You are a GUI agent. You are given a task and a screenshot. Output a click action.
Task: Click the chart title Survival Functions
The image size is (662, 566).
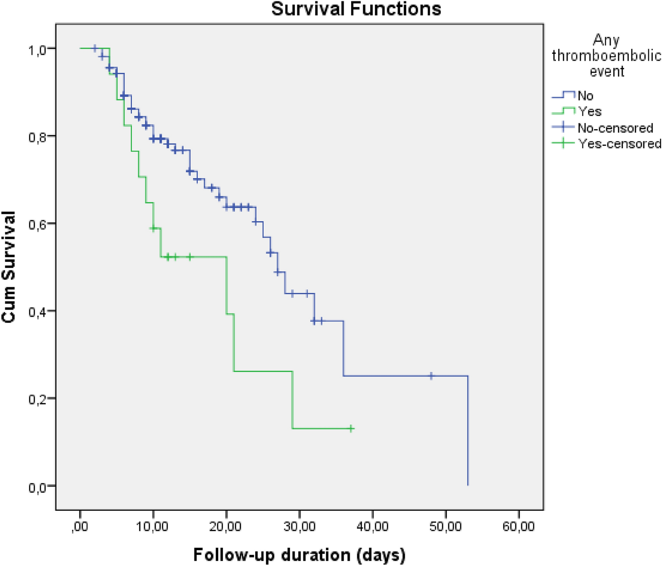click(356, 9)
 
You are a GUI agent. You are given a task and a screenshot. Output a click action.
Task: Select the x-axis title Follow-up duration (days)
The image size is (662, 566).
click(299, 555)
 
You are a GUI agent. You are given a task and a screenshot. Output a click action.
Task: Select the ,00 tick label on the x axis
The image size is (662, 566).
click(80, 527)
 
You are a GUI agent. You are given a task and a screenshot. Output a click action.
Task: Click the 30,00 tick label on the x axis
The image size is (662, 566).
click(300, 527)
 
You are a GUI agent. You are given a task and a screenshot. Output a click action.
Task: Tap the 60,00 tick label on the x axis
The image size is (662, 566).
click(519, 527)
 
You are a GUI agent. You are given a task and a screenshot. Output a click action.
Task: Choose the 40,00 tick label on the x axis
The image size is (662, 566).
click(373, 527)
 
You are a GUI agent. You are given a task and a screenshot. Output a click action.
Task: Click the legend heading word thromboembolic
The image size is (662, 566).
click(606, 56)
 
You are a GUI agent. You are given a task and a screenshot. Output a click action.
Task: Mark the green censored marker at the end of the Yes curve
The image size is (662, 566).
click(351, 428)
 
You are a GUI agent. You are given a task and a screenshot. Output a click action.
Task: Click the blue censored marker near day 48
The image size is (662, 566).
click(431, 376)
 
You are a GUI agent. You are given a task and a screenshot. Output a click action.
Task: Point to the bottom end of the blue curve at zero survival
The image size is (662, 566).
click(468, 485)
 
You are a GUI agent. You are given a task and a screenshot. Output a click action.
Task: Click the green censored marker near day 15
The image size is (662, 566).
click(190, 257)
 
